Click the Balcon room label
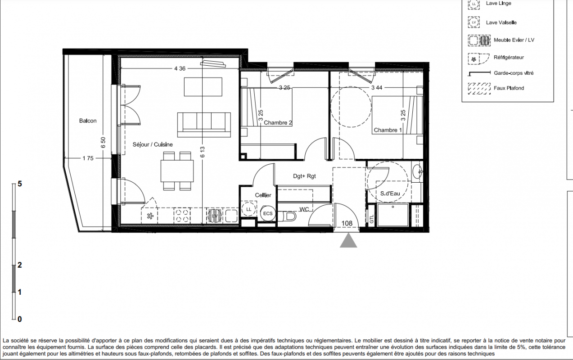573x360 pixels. tap(88, 121)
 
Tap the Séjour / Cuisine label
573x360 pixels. tap(153, 144)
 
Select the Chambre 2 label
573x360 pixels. tap(278, 123)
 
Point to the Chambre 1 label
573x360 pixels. tap(388, 130)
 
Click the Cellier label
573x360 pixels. tap(263, 195)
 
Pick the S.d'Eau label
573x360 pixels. tap(390, 193)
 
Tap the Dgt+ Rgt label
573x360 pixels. tap(304, 176)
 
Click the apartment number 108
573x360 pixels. tap(347, 224)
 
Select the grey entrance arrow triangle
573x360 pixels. tap(348, 242)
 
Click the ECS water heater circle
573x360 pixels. tap(268, 213)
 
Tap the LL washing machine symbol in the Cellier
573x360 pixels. tap(248, 209)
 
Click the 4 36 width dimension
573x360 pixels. tap(180, 68)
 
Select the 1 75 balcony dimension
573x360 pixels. tap(88, 158)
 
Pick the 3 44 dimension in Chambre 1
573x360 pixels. tap(377, 88)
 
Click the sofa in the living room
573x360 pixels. tap(204, 125)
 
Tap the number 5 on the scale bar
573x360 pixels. tap(20, 184)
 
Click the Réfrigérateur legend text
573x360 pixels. tap(509, 58)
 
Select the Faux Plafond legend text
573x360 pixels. tap(509, 88)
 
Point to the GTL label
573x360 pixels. tap(372, 219)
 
